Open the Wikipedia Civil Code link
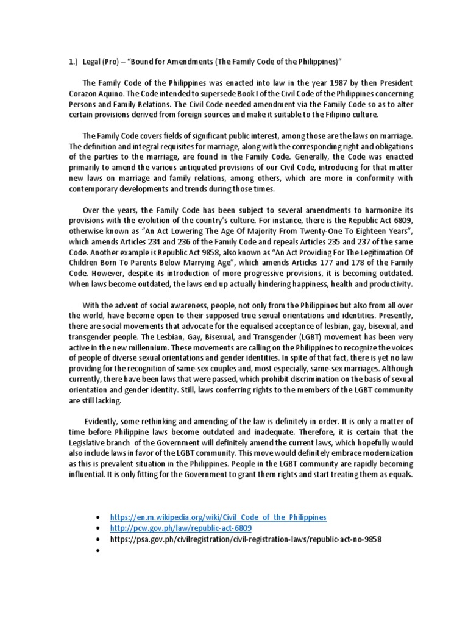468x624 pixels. [x=218, y=517]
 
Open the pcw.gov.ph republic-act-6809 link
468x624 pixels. [x=180, y=528]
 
